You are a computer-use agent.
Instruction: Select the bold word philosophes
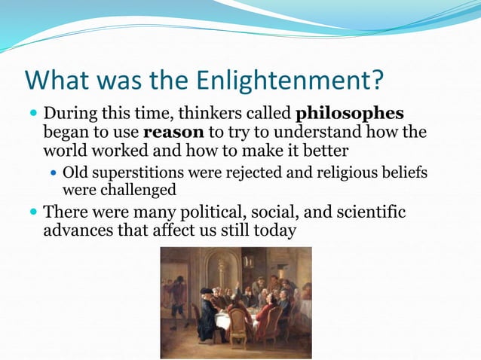(x=351, y=114)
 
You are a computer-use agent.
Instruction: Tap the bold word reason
(x=173, y=133)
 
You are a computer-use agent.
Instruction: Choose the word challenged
(x=138, y=190)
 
